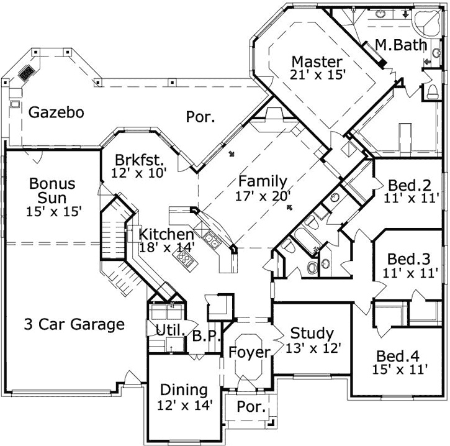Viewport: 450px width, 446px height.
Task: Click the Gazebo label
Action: (56, 112)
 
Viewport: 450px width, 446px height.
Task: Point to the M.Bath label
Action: (401, 45)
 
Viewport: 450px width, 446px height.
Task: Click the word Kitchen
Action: (166, 234)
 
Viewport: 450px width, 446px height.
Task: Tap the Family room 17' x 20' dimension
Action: (263, 196)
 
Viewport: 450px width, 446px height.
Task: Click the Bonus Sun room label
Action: (52, 191)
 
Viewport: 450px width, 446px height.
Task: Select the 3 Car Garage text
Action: (74, 324)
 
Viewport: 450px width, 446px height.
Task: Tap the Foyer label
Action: (250, 353)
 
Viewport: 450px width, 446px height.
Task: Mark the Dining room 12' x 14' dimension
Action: (184, 405)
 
